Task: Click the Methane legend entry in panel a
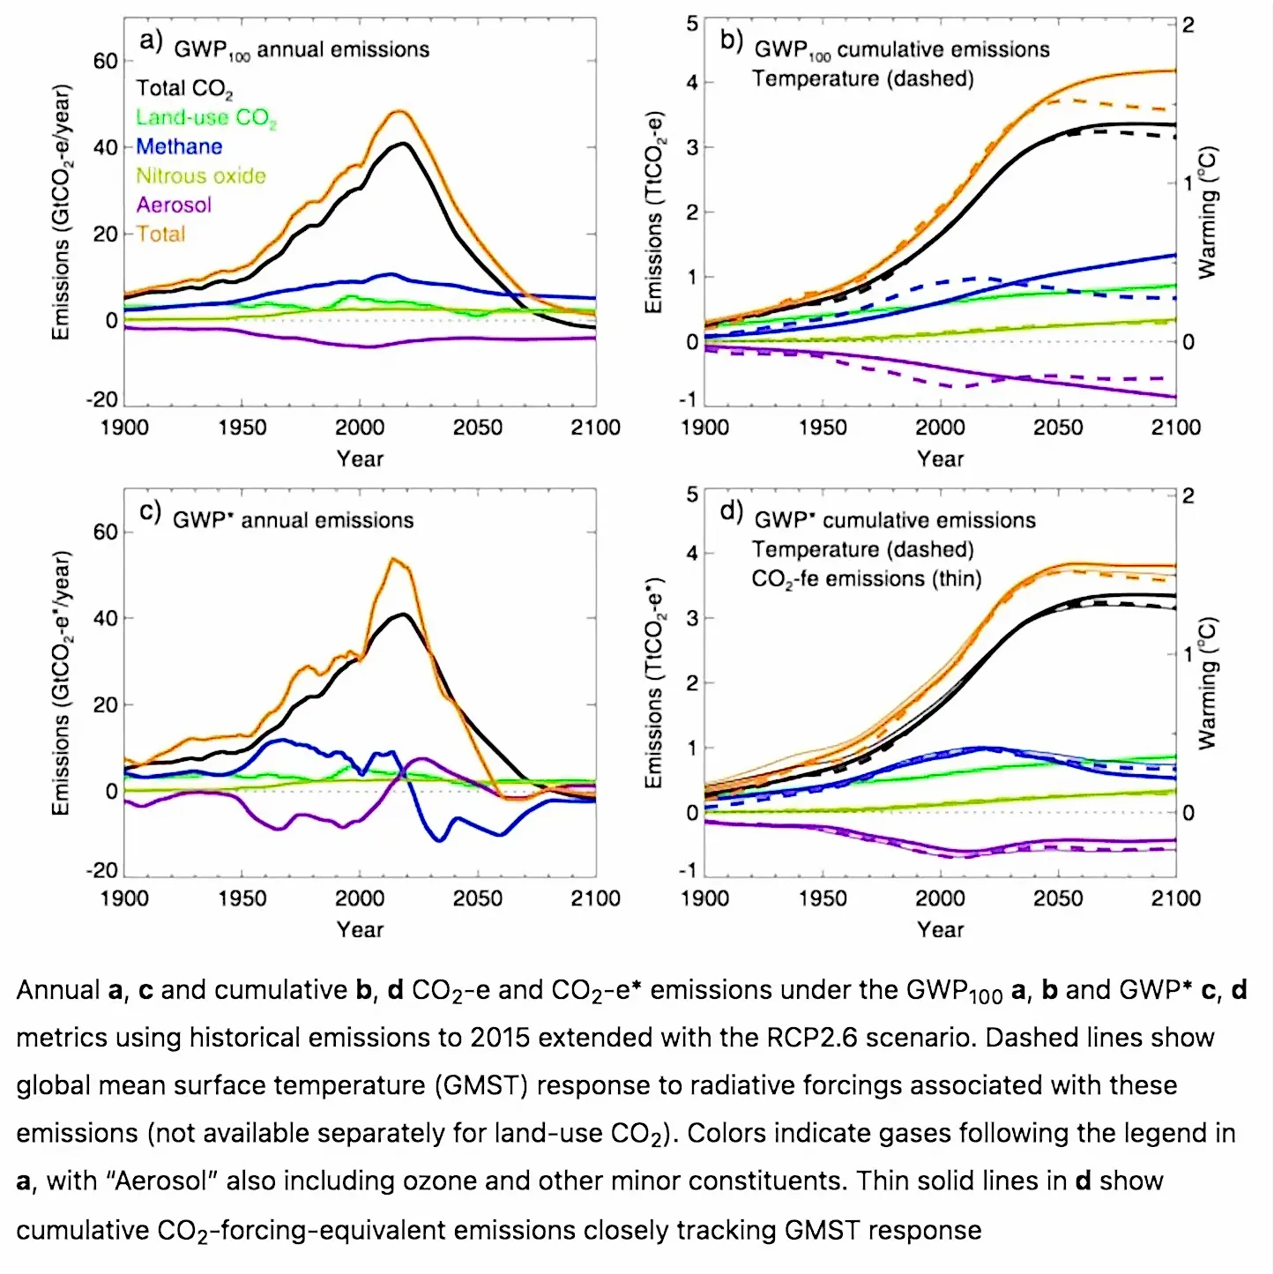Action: [178, 146]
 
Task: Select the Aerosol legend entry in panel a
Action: [173, 205]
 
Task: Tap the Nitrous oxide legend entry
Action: [201, 175]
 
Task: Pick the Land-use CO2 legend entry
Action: [205, 118]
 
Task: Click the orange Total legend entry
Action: [160, 234]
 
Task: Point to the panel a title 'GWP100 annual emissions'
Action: [302, 50]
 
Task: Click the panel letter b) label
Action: [731, 41]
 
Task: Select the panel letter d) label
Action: [731, 511]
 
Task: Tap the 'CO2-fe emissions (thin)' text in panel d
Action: [866, 579]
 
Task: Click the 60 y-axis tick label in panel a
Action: [105, 62]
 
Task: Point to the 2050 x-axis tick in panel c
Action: [477, 898]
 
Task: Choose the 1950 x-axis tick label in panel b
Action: [823, 427]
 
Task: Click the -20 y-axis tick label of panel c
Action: [101, 870]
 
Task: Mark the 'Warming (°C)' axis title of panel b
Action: [1207, 212]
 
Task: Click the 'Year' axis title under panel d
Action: [940, 929]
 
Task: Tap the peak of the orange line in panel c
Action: [392, 559]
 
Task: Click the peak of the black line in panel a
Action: [404, 144]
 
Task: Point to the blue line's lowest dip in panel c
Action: [440, 840]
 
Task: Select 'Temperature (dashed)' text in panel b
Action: [863, 78]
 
